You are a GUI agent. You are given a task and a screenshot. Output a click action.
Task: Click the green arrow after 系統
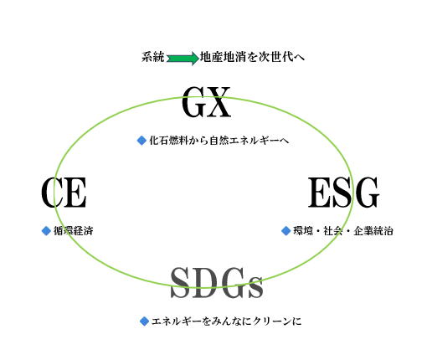coord(183,59)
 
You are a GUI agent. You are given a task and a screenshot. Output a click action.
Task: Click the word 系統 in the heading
coord(153,57)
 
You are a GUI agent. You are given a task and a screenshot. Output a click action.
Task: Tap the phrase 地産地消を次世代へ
coord(252,57)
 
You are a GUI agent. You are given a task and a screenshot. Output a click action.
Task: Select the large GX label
coord(206,102)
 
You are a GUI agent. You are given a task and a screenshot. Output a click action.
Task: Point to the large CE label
coord(64,193)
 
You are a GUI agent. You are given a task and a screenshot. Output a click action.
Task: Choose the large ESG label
coord(343,193)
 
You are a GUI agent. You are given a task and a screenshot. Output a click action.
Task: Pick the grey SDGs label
coord(217,283)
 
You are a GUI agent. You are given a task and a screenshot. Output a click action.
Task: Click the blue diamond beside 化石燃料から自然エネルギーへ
coord(141,140)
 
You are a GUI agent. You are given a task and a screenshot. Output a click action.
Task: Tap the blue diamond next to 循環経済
coord(46,231)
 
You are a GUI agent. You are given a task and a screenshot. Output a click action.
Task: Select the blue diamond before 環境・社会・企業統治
coord(286,231)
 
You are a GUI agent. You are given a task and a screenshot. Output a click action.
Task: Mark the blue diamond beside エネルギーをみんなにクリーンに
coord(144,321)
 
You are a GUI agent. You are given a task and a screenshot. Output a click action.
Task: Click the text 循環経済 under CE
coord(73,231)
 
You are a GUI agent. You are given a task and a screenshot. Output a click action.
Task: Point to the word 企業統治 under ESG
coord(373,231)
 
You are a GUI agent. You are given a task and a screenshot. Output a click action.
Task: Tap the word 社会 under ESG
coord(333,231)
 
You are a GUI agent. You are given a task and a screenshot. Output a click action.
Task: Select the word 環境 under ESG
coord(303,231)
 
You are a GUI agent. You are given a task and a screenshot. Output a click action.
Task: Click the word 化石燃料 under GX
coord(168,140)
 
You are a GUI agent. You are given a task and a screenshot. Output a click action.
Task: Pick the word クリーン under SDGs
coord(272,321)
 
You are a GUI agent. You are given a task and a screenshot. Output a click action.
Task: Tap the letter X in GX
coord(219,102)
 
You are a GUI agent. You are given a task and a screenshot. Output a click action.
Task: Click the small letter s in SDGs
coord(256,287)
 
